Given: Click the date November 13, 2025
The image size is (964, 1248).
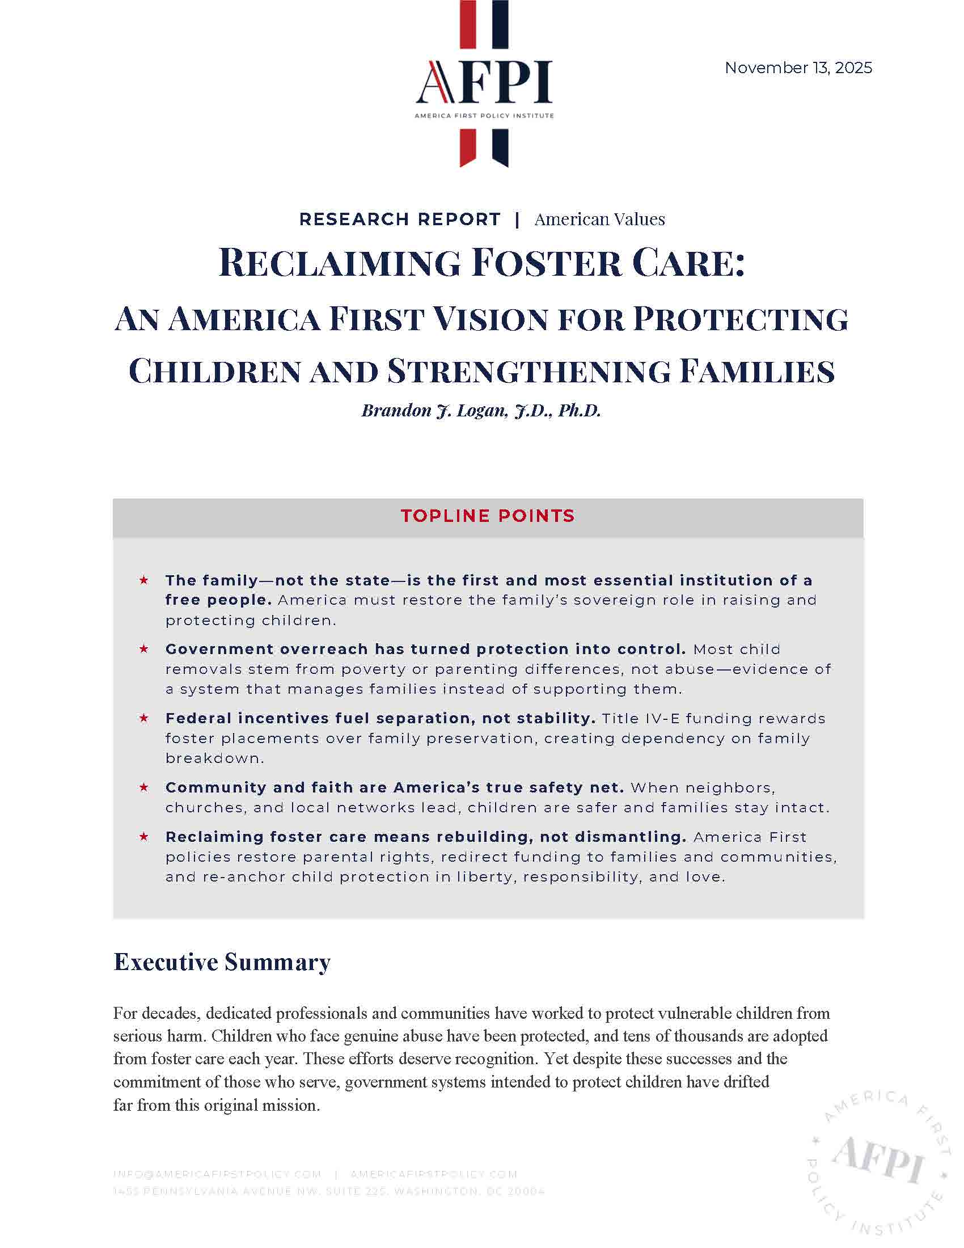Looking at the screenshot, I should (798, 68).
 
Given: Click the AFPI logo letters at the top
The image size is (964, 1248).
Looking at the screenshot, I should (484, 83).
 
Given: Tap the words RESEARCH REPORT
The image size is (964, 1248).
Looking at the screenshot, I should (400, 220).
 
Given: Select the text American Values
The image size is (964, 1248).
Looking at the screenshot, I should (599, 220).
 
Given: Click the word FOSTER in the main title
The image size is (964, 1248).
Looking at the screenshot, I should (547, 263).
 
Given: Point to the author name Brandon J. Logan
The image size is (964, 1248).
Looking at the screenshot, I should (434, 410).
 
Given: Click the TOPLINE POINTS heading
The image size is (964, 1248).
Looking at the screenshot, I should (487, 516).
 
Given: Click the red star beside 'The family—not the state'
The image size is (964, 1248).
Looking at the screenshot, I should (144, 580).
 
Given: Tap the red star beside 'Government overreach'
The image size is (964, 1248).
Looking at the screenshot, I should (144, 649).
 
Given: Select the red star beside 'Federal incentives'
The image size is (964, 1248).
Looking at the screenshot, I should (144, 718).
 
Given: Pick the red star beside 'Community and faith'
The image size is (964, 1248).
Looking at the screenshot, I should (144, 787).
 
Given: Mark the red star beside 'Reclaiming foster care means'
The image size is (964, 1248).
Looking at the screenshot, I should (144, 837).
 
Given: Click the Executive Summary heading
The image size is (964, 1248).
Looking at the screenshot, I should (222, 962).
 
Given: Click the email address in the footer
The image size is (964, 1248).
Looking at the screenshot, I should (217, 1174).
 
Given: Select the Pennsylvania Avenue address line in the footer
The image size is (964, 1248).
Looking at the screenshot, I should (328, 1191).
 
